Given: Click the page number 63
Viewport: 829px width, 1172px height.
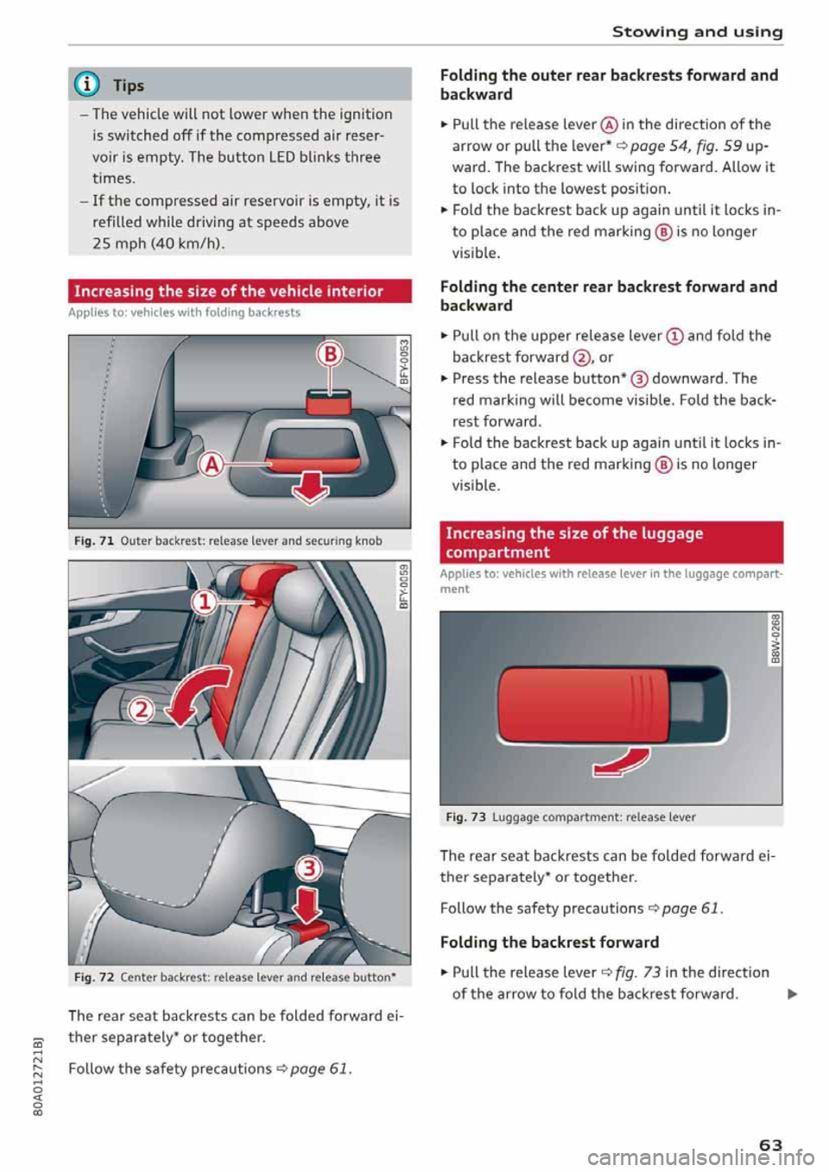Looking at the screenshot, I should pyautogui.click(x=770, y=1144).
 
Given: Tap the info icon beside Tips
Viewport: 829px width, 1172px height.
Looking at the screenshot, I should pyautogui.click(x=90, y=85).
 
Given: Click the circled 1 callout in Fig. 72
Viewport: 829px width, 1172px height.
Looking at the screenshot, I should pyautogui.click(x=204, y=602).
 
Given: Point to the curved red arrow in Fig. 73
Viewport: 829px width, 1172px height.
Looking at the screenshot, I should pyautogui.click(x=622, y=761).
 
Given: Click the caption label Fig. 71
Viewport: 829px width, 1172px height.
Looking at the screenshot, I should pyautogui.click(x=94, y=541).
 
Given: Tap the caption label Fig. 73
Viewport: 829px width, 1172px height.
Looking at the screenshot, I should pyautogui.click(x=466, y=817).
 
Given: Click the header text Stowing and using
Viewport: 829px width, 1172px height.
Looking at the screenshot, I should pyautogui.click(x=697, y=32).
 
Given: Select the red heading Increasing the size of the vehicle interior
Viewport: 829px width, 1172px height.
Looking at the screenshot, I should pyautogui.click(x=229, y=292).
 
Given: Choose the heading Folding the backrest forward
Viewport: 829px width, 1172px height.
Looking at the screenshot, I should pyautogui.click(x=549, y=942).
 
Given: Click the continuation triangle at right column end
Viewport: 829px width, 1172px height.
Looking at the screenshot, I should pyautogui.click(x=792, y=994).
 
